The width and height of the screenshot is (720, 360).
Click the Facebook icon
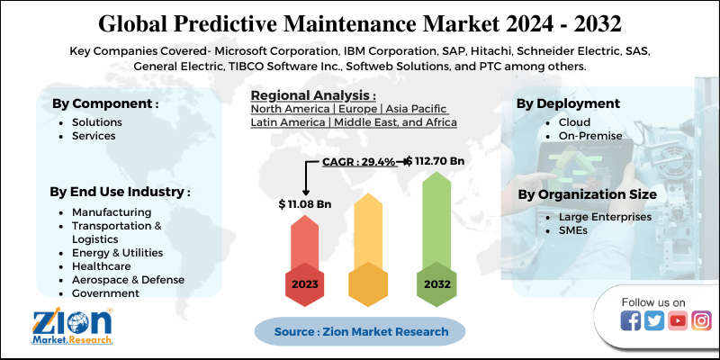point(631,321)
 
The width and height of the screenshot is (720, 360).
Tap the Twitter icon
point(654,321)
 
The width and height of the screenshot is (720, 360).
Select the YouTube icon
point(678,321)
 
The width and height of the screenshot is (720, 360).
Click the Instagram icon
point(701,321)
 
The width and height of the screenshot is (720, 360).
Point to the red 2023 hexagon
point(304,283)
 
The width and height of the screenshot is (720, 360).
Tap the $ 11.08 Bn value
point(305,204)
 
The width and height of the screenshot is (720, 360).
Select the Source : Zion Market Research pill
point(361,331)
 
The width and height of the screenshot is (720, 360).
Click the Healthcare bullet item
point(101,266)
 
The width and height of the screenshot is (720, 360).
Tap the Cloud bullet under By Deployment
point(574,121)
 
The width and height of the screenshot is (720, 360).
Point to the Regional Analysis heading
point(313,95)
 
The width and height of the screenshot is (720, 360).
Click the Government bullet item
point(105,293)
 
